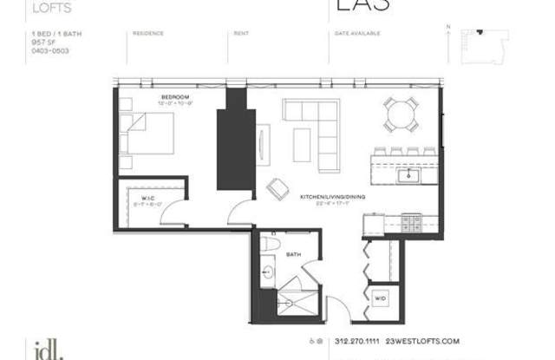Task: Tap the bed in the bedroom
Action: (x=149, y=138)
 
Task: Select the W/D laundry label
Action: (x=381, y=298)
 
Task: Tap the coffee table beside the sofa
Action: (x=302, y=144)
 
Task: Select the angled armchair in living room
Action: (x=278, y=188)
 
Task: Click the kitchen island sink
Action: (x=407, y=176)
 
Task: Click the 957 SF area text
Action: (x=38, y=43)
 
